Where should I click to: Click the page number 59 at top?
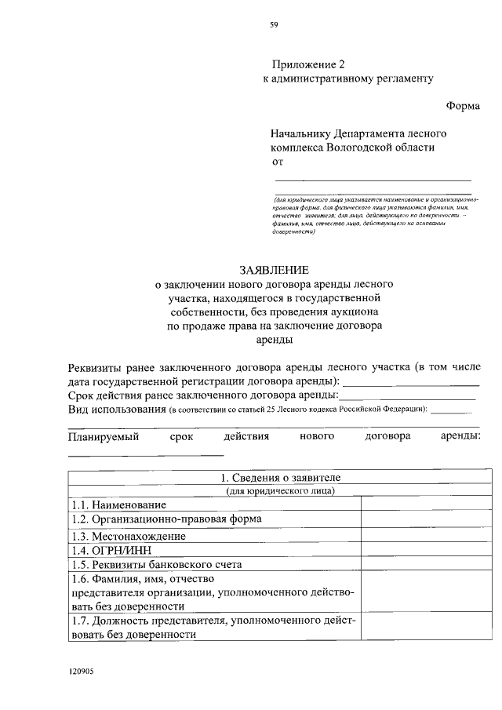[x=274, y=25]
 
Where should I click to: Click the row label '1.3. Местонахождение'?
[x=129, y=536]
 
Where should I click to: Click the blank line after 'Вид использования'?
[x=453, y=410]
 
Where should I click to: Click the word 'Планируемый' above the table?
[x=104, y=437]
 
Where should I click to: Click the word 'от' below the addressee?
[x=276, y=162]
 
